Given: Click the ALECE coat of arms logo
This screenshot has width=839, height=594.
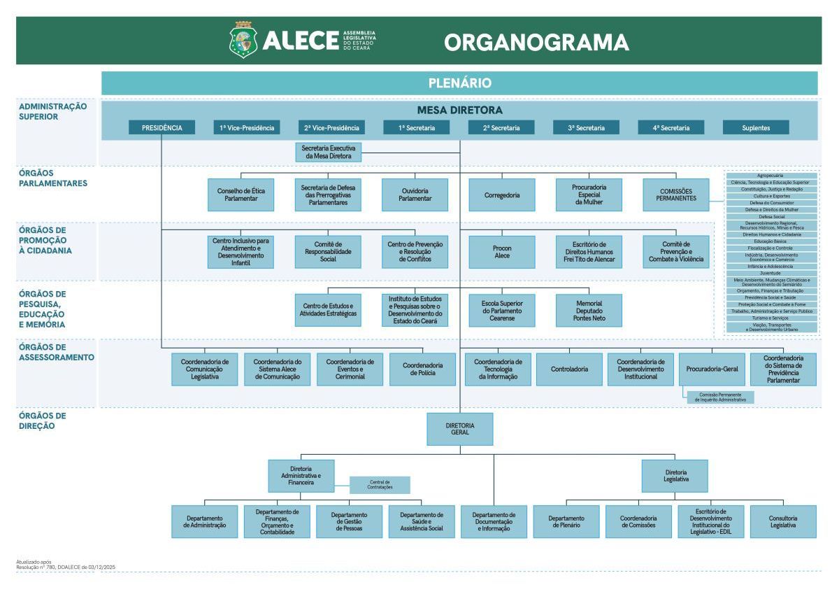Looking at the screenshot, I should pyautogui.click(x=243, y=41).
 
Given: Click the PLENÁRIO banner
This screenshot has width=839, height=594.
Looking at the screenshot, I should pyautogui.click(x=459, y=83).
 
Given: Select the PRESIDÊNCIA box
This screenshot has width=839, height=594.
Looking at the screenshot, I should pyautogui.click(x=162, y=127).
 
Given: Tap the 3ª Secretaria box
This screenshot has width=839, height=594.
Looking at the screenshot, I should pyautogui.click(x=586, y=127).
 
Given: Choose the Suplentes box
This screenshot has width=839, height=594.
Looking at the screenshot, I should pyautogui.click(x=756, y=127).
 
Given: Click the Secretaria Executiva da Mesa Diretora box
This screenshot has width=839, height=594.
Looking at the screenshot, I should pyautogui.click(x=329, y=153).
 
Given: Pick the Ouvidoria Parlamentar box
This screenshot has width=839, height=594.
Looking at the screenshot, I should pyautogui.click(x=415, y=195).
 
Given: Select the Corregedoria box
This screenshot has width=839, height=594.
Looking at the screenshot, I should pyautogui.click(x=502, y=195).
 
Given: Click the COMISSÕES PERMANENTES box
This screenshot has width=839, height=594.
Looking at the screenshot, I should pyautogui.click(x=676, y=195).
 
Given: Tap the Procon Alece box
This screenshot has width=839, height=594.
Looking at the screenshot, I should pyautogui.click(x=502, y=252).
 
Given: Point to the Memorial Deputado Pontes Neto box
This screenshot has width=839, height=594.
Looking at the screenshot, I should pyautogui.click(x=589, y=310).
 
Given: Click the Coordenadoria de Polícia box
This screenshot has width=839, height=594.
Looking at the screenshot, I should pyautogui.click(x=423, y=369).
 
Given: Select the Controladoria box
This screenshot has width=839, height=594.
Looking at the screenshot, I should pyautogui.click(x=569, y=369).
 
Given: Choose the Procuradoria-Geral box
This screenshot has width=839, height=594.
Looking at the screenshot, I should pyautogui.click(x=711, y=369).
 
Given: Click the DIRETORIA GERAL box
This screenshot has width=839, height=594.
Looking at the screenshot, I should pyautogui.click(x=459, y=429).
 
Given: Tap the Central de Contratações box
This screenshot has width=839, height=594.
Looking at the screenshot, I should pyautogui.click(x=380, y=484).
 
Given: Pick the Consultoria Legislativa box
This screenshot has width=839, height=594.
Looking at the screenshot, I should pyautogui.click(x=783, y=521).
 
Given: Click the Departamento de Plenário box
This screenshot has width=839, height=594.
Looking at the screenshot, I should pyautogui.click(x=566, y=521).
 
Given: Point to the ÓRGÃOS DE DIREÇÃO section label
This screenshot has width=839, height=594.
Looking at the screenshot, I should pyautogui.click(x=43, y=420).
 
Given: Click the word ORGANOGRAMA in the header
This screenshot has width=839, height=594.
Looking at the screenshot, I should pyautogui.click(x=536, y=42).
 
